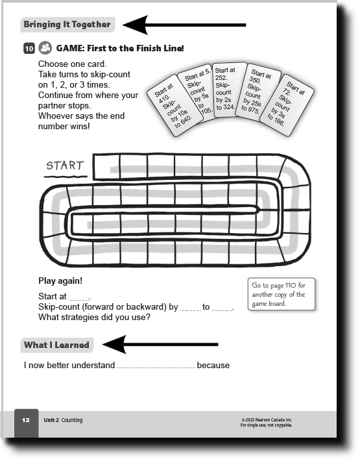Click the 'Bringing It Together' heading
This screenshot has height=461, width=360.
coord(67,25)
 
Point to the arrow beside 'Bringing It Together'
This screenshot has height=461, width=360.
coord(184,25)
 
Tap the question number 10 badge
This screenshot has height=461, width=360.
coord(29,48)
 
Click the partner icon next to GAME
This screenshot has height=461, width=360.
coord(45,47)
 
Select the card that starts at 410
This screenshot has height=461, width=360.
coord(174,105)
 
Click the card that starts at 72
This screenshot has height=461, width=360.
coord(286,105)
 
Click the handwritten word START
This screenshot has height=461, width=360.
coord(65,166)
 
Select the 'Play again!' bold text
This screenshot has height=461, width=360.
coord(60,280)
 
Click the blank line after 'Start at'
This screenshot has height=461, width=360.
coord(79,299)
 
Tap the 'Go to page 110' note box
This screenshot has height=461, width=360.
coord(282,294)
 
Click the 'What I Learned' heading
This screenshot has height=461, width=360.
coord(56,345)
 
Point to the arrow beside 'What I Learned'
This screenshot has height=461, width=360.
coord(160,344)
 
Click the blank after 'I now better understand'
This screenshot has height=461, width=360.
coord(156,368)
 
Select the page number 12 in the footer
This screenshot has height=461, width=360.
coord(26,420)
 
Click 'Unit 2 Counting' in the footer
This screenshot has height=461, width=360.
coord(63,420)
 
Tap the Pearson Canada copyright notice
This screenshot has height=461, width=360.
coord(267,423)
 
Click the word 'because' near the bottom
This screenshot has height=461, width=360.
coord(213,365)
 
